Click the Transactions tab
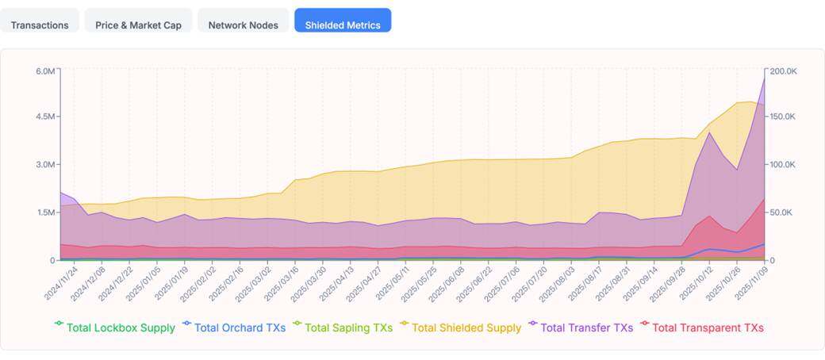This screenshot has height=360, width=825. (40, 25)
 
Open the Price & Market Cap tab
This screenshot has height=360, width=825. (138, 25)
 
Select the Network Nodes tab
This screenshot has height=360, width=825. (243, 25)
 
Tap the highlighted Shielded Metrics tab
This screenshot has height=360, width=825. (343, 25)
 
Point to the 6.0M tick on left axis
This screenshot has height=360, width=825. (44, 71)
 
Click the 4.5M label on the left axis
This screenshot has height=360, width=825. (44, 117)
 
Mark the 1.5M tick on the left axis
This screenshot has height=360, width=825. (44, 213)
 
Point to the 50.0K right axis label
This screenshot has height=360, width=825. (781, 213)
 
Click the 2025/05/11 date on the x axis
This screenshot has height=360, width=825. (394, 284)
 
